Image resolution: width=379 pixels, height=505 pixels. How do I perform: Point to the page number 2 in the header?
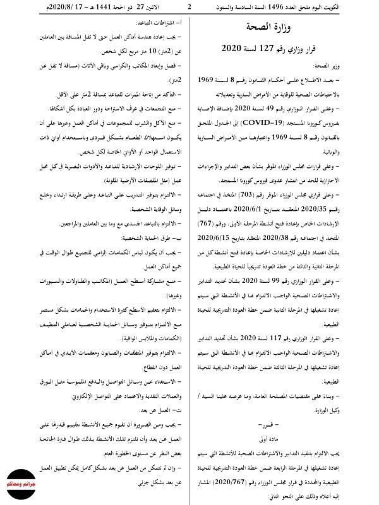[x=189, y=7]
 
